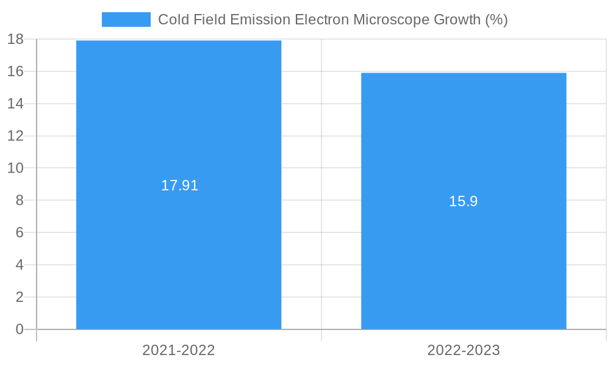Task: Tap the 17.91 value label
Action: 179,186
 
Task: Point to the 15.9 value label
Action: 463,202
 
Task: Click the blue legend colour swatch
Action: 126,20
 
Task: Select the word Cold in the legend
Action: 173,20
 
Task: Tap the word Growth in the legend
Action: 457,20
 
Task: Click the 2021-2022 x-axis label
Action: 179,350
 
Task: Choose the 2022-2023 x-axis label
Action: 464,350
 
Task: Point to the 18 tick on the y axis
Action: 15,40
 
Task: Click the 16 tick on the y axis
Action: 15,71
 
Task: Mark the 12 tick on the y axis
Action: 15,136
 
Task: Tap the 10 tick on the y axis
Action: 15,168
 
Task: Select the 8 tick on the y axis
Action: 19,201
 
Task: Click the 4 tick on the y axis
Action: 19,265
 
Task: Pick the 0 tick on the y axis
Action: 19,329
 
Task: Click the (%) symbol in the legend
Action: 496,20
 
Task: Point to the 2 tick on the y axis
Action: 19,298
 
